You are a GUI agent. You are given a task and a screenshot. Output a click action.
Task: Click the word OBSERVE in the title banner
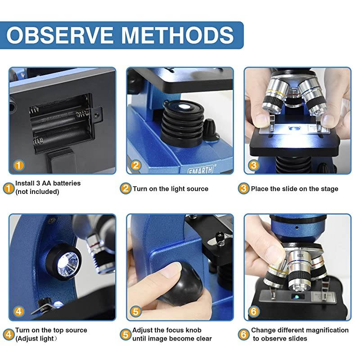(x=60, y=35)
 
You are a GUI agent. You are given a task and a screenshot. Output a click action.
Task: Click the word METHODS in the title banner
(x=177, y=35)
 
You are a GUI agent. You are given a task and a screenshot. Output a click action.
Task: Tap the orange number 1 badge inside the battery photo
(x=19, y=165)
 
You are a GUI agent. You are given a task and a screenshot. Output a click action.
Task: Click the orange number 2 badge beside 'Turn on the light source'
(x=126, y=189)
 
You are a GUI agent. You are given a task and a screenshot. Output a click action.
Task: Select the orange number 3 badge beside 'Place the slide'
(x=243, y=189)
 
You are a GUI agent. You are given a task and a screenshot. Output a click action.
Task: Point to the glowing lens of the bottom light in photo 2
(x=183, y=107)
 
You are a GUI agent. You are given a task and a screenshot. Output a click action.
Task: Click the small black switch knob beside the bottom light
(x=210, y=128)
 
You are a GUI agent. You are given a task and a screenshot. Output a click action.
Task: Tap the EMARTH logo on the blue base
(x=200, y=170)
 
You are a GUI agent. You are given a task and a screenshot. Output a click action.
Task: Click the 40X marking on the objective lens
(x=300, y=256)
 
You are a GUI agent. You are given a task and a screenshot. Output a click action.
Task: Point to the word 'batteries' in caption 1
(x=67, y=183)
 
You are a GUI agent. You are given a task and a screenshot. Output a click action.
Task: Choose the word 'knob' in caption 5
(x=193, y=330)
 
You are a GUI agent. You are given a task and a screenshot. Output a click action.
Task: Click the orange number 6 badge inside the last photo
(x=254, y=311)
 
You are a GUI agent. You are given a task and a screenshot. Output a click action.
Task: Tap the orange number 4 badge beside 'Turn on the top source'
(x=9, y=334)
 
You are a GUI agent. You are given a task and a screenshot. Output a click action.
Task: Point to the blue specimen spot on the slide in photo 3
(x=292, y=129)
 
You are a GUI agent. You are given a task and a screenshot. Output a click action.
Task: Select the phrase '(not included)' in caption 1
(x=37, y=192)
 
